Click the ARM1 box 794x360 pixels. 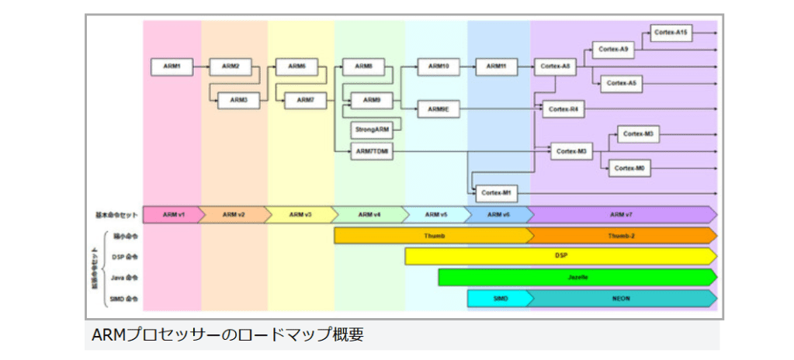point(172,67)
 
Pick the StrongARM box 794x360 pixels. point(371,128)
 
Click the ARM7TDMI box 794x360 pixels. point(373,152)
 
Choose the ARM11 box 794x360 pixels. point(497,67)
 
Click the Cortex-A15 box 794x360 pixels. point(671,33)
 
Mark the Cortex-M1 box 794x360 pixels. point(497,192)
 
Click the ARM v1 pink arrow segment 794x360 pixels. point(172,214)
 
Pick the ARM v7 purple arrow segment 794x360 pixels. point(621,214)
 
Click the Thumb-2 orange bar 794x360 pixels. point(621,235)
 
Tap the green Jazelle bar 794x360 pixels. point(576,276)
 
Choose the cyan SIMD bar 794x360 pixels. point(499,298)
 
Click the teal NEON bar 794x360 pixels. point(621,298)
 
